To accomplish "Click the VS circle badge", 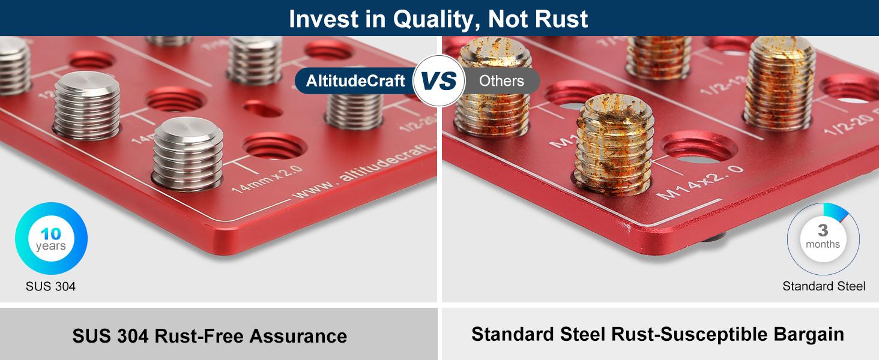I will (439, 81).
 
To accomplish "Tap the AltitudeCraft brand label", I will (355, 81).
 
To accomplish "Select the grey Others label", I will (501, 81).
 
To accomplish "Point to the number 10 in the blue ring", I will (51, 234).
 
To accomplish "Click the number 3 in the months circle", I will (823, 230).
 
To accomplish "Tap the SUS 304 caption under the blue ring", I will (50, 286).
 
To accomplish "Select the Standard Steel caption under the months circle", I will (824, 286).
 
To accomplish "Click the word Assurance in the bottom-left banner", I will (298, 335).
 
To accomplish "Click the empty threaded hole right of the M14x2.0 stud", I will (698, 148).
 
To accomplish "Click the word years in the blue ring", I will (51, 247).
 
